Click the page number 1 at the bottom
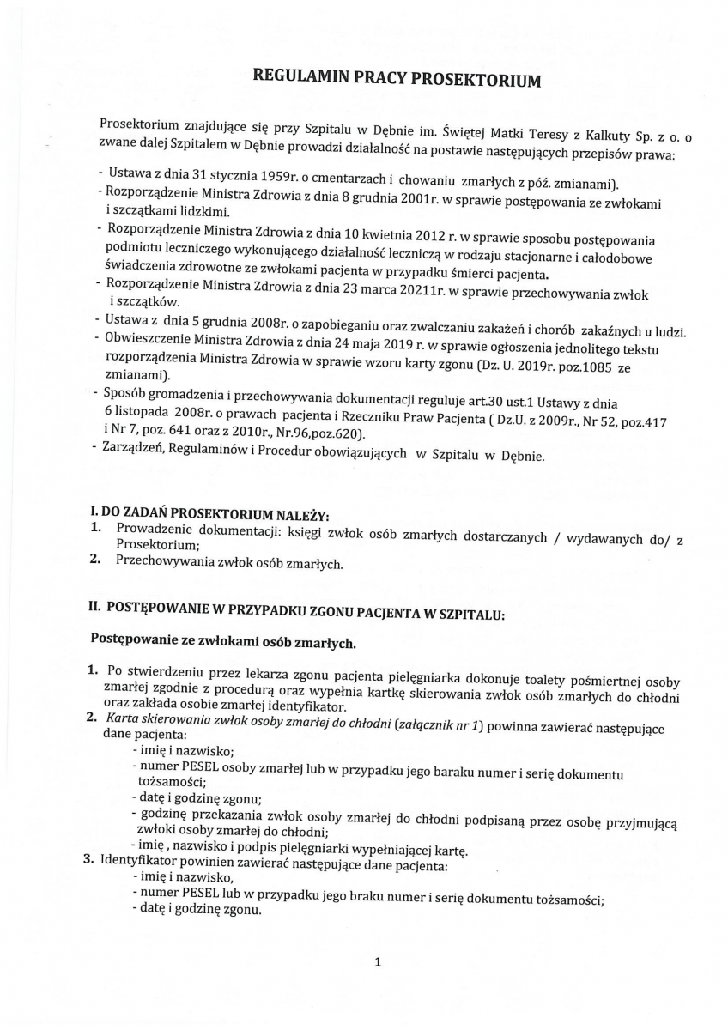378,961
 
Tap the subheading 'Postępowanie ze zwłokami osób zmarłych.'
222,641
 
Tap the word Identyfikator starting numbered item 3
139,864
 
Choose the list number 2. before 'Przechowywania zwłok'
96,563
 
